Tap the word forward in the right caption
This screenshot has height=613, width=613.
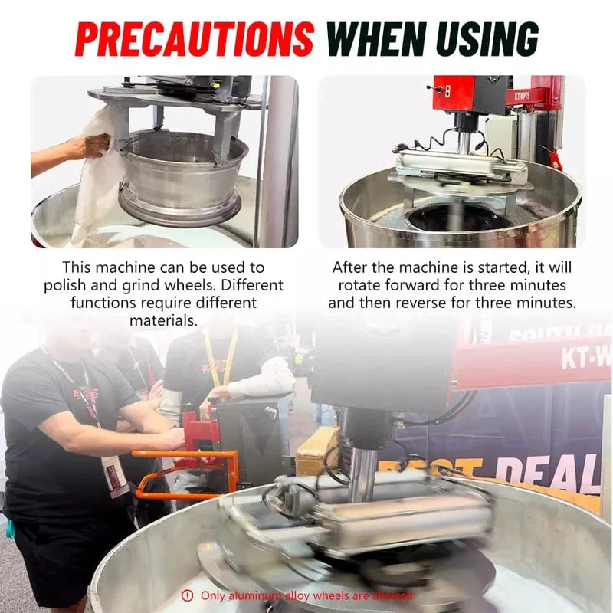pos(426,285)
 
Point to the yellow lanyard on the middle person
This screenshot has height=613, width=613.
pos(228,360)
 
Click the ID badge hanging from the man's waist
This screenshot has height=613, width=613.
pos(113,476)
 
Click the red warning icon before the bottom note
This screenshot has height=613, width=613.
pos(187,595)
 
